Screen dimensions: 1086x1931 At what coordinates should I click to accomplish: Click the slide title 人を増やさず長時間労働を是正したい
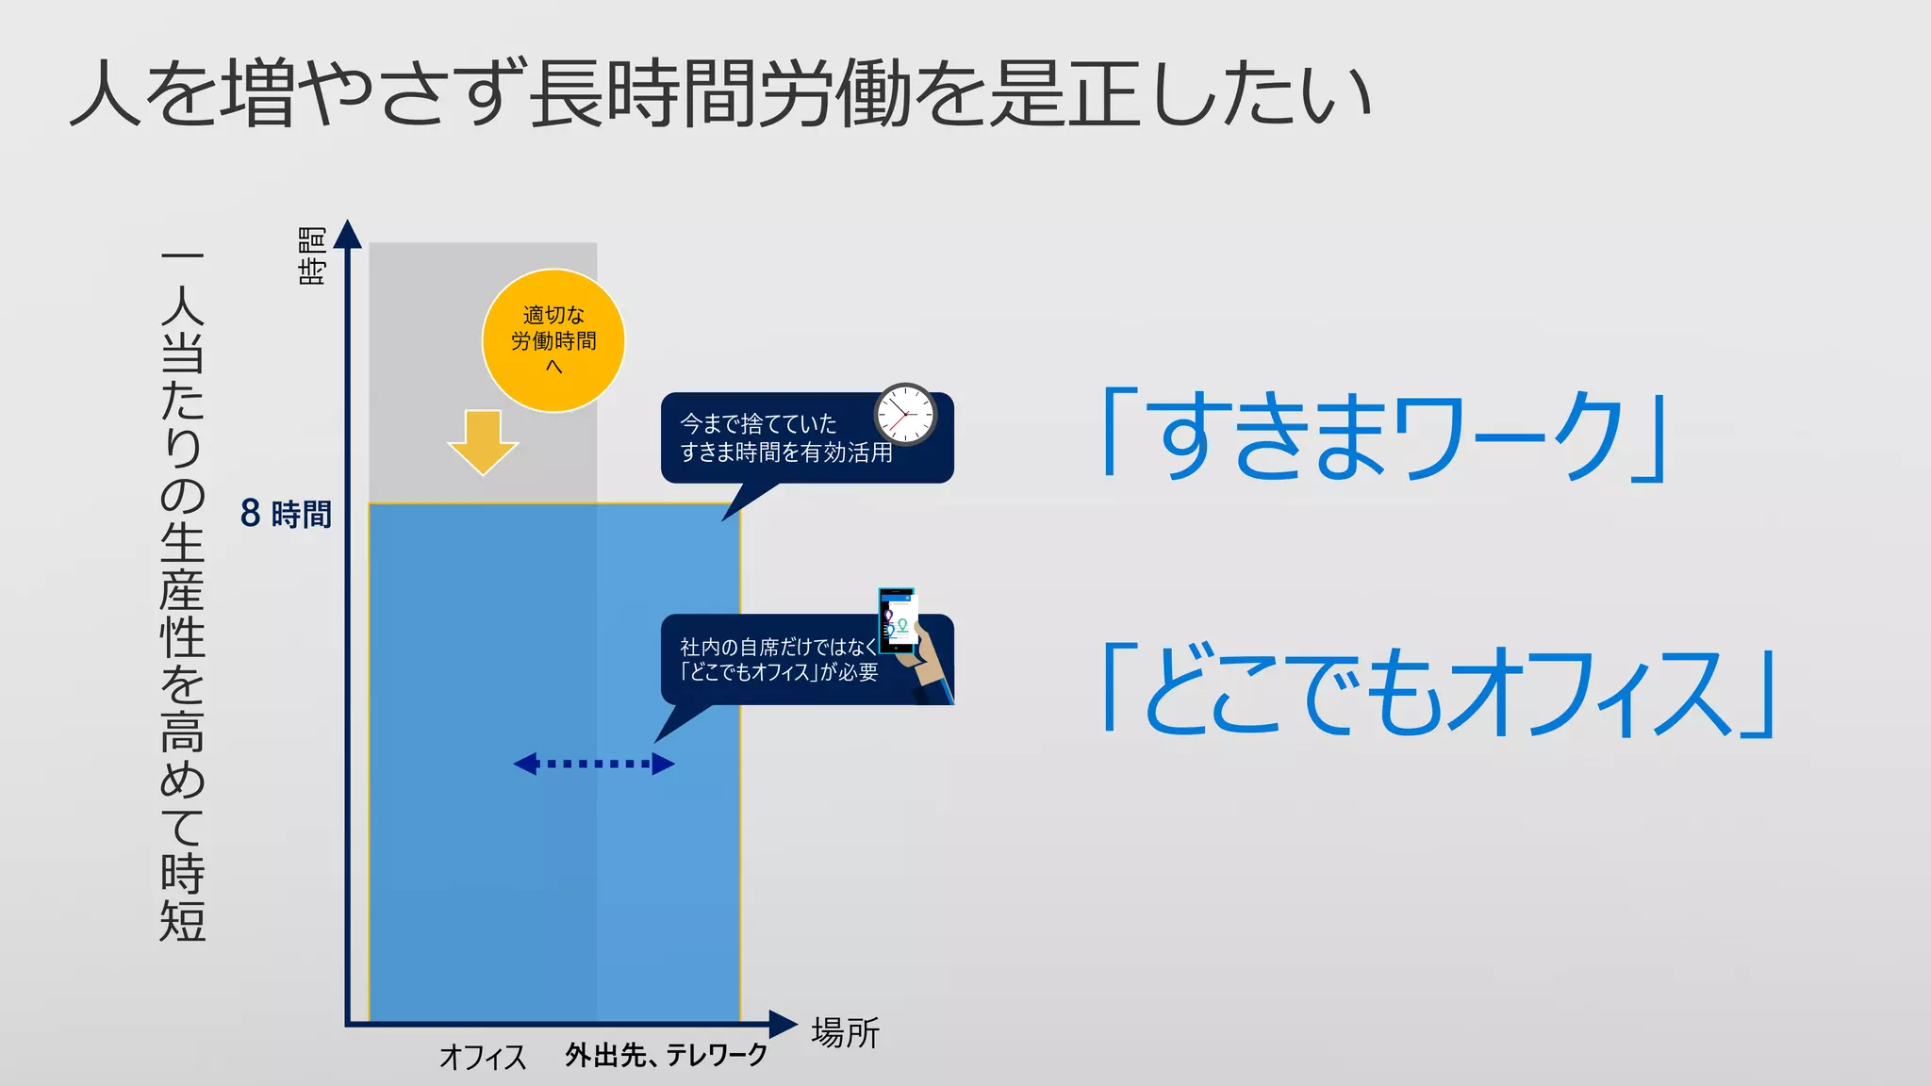[x=720, y=94]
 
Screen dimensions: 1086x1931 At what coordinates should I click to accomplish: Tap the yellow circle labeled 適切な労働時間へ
[x=553, y=340]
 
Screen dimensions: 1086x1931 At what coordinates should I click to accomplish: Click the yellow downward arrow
[x=483, y=441]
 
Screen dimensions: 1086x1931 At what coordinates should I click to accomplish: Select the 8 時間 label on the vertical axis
[x=286, y=514]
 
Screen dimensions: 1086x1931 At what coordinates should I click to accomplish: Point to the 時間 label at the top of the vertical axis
[x=312, y=255]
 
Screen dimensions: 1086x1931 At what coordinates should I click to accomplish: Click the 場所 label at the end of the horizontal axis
[x=845, y=1033]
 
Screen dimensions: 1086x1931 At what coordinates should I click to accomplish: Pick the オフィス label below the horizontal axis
[x=483, y=1057]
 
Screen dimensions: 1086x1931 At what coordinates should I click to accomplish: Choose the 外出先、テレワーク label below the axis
[x=667, y=1055]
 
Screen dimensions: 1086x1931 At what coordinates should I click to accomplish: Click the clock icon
[x=904, y=413]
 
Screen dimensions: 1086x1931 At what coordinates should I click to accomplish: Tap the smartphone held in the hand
[x=898, y=619]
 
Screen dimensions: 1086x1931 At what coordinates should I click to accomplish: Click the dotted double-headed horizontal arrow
[x=594, y=764]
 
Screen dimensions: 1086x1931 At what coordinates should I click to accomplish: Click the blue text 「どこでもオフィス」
[x=1439, y=693]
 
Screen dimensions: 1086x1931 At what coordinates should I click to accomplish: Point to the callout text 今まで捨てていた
[x=758, y=424]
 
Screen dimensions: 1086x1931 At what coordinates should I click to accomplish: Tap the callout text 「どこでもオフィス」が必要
[x=779, y=672]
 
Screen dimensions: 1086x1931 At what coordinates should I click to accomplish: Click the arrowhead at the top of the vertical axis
[x=348, y=233]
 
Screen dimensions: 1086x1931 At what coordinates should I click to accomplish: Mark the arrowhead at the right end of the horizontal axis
[x=783, y=1024]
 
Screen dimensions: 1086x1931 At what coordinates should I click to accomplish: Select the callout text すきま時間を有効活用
[x=786, y=453]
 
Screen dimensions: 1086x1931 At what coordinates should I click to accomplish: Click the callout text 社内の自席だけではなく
[x=779, y=647]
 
